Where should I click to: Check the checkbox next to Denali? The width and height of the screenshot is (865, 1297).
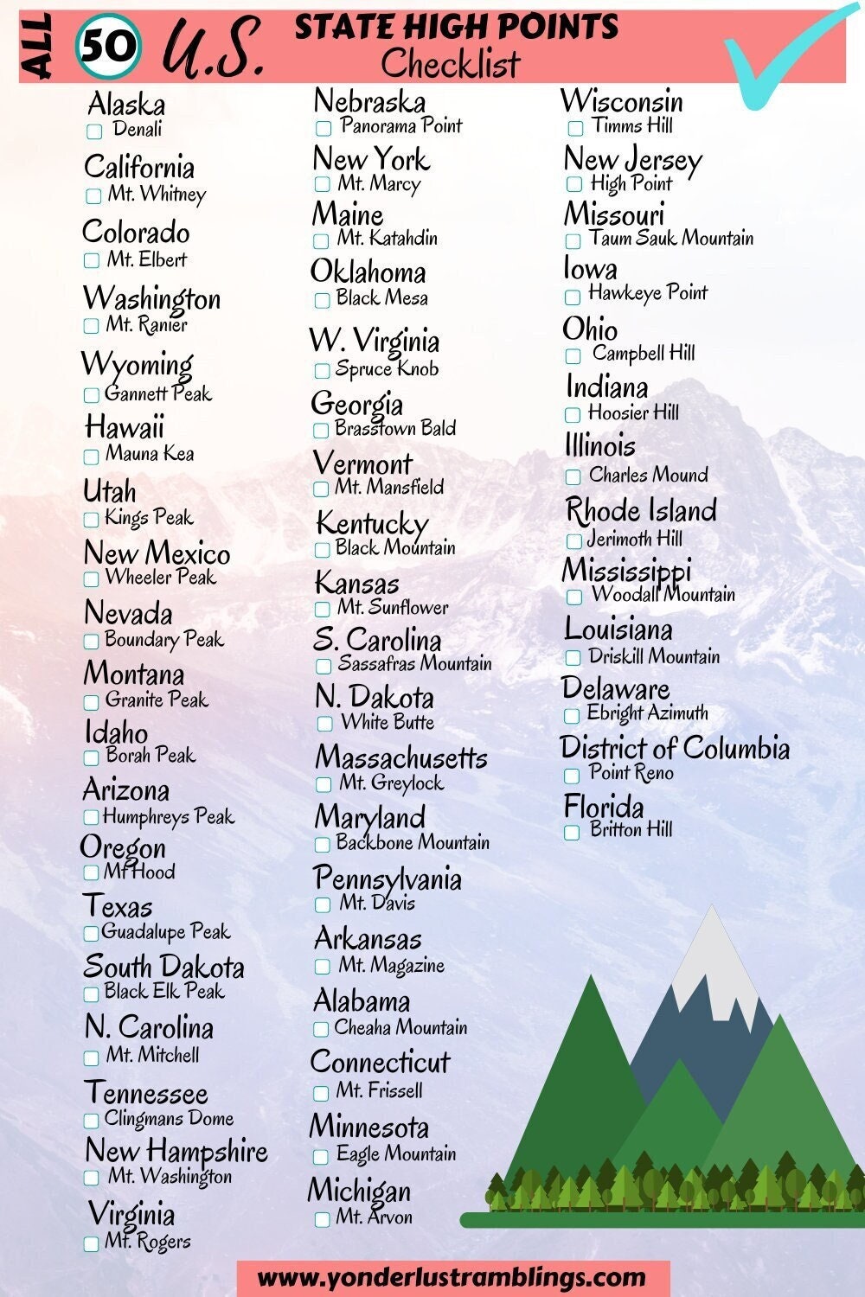[94, 131]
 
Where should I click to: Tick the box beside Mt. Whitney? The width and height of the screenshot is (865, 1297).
[93, 196]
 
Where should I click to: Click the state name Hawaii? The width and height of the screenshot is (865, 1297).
[125, 426]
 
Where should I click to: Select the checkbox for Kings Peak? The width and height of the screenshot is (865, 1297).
[91, 520]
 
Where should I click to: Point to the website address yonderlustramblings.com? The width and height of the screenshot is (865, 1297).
[452, 1277]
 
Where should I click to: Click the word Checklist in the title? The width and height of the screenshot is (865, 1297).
[451, 63]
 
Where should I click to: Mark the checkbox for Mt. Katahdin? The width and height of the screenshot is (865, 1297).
[321, 240]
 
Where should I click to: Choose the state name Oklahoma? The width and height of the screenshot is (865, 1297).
[368, 272]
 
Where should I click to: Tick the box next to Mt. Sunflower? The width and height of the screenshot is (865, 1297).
[323, 610]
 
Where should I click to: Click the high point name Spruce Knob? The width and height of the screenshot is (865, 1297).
[387, 369]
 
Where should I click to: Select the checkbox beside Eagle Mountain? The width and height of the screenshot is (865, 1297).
[320, 1156]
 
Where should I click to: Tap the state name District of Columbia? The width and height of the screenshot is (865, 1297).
[675, 748]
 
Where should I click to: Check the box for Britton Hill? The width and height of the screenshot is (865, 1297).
[572, 833]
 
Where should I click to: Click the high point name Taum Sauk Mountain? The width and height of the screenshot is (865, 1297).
[671, 238]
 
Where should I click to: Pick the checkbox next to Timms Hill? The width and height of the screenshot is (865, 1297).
[575, 128]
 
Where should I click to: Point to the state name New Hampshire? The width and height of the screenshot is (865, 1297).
[176, 1152]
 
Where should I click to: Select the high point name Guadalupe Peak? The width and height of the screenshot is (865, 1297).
[166, 932]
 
